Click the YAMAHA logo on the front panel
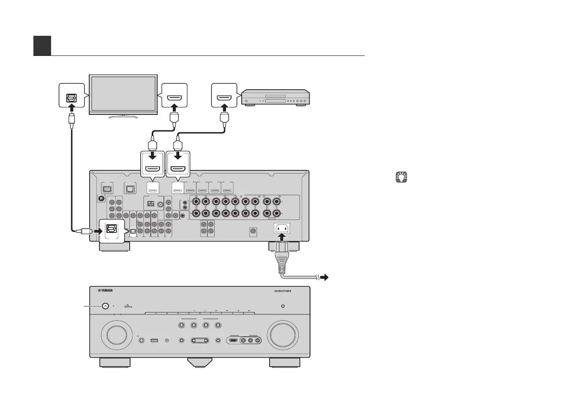click(105, 291)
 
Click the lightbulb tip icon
click(401, 177)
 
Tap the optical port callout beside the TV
click(72, 95)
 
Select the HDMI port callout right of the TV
click(174, 95)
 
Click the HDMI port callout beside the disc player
click(224, 95)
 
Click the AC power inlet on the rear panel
click(282, 229)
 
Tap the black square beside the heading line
click(42, 46)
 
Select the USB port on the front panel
click(154, 340)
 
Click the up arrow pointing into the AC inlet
click(282, 238)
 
